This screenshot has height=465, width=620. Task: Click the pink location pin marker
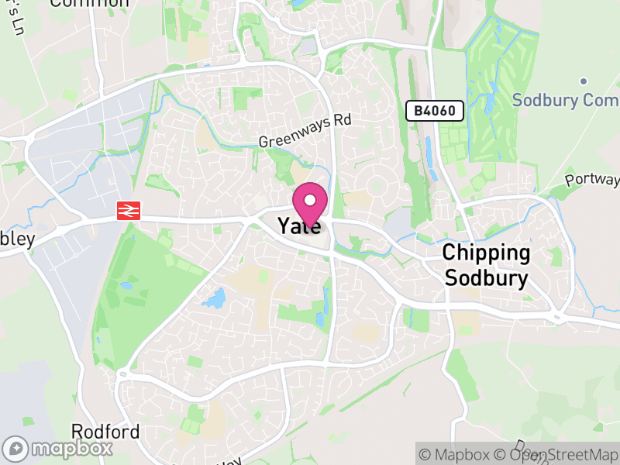[310, 203]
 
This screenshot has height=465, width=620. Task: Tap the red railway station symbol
[129, 211]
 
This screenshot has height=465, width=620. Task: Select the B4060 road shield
[435, 112]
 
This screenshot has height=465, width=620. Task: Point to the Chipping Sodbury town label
[487, 266]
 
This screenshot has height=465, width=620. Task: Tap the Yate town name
[298, 226]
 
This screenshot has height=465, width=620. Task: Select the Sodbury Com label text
[565, 101]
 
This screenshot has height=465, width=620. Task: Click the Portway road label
[593, 180]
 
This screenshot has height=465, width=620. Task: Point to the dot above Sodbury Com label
[583, 81]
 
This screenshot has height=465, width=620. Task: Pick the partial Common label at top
[90, 3]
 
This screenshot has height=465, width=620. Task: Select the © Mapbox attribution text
[457, 453]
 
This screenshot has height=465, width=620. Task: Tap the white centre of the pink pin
[310, 198]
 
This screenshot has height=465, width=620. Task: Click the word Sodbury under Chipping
[487, 279]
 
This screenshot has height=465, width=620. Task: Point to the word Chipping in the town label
[487, 253]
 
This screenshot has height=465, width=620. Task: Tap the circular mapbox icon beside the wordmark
[16, 448]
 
